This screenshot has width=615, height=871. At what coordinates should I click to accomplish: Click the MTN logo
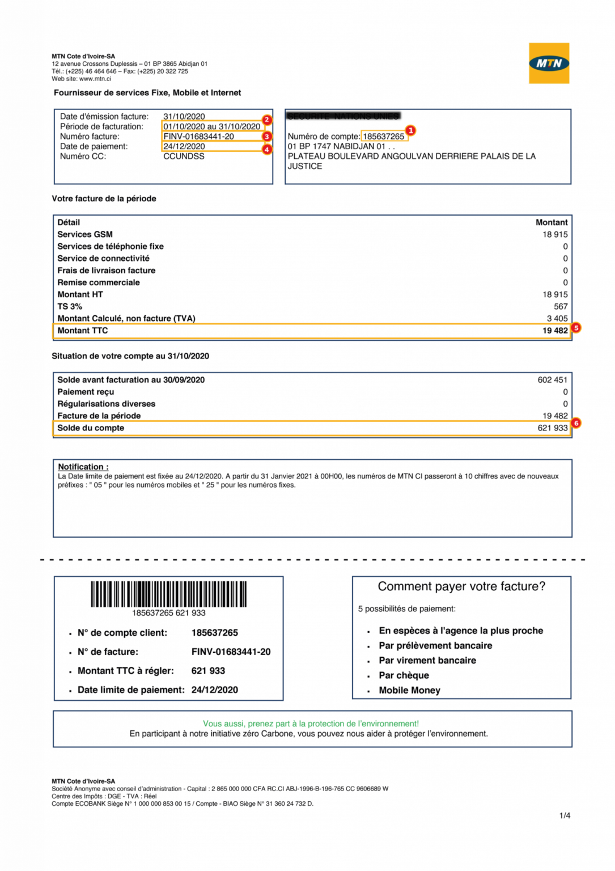tap(549, 63)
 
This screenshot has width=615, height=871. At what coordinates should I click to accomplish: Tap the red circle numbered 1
tap(410, 130)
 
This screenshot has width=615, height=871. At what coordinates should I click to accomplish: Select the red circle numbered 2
tap(267, 120)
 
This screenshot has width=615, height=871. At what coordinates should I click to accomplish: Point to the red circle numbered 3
tap(267, 136)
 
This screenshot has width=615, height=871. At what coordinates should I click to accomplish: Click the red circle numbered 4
tap(267, 149)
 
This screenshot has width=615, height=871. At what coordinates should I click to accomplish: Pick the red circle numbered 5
tap(576, 328)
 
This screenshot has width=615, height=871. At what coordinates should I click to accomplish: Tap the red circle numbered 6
tap(576, 423)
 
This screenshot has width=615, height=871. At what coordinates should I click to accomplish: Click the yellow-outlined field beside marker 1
tap(384, 136)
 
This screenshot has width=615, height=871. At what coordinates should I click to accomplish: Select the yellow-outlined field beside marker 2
tap(213, 125)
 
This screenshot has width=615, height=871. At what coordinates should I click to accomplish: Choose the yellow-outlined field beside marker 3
tap(213, 137)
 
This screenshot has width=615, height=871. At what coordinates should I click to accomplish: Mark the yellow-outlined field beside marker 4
tap(213, 147)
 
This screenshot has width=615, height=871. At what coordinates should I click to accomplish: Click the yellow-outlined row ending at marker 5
tap(311, 331)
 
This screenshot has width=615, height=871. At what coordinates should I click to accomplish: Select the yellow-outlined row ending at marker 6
tap(311, 428)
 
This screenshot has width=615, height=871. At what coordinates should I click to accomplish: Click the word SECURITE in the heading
tap(308, 116)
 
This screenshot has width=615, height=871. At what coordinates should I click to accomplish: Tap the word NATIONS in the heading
tap(351, 116)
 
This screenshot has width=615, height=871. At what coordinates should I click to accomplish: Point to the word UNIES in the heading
tap(387, 116)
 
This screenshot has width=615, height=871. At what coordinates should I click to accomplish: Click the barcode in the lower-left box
tap(168, 594)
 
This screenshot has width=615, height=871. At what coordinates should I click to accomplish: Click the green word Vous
tap(213, 724)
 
